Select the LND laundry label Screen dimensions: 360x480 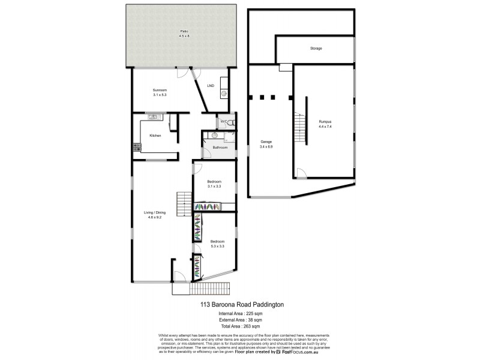click(211, 86)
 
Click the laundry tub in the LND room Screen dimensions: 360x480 click(224, 93)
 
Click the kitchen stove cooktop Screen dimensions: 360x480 click(136, 147)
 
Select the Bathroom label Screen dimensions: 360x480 click(220, 147)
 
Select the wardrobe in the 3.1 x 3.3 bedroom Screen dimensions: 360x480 click(208, 207)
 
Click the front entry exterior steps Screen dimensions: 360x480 click(210, 289)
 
